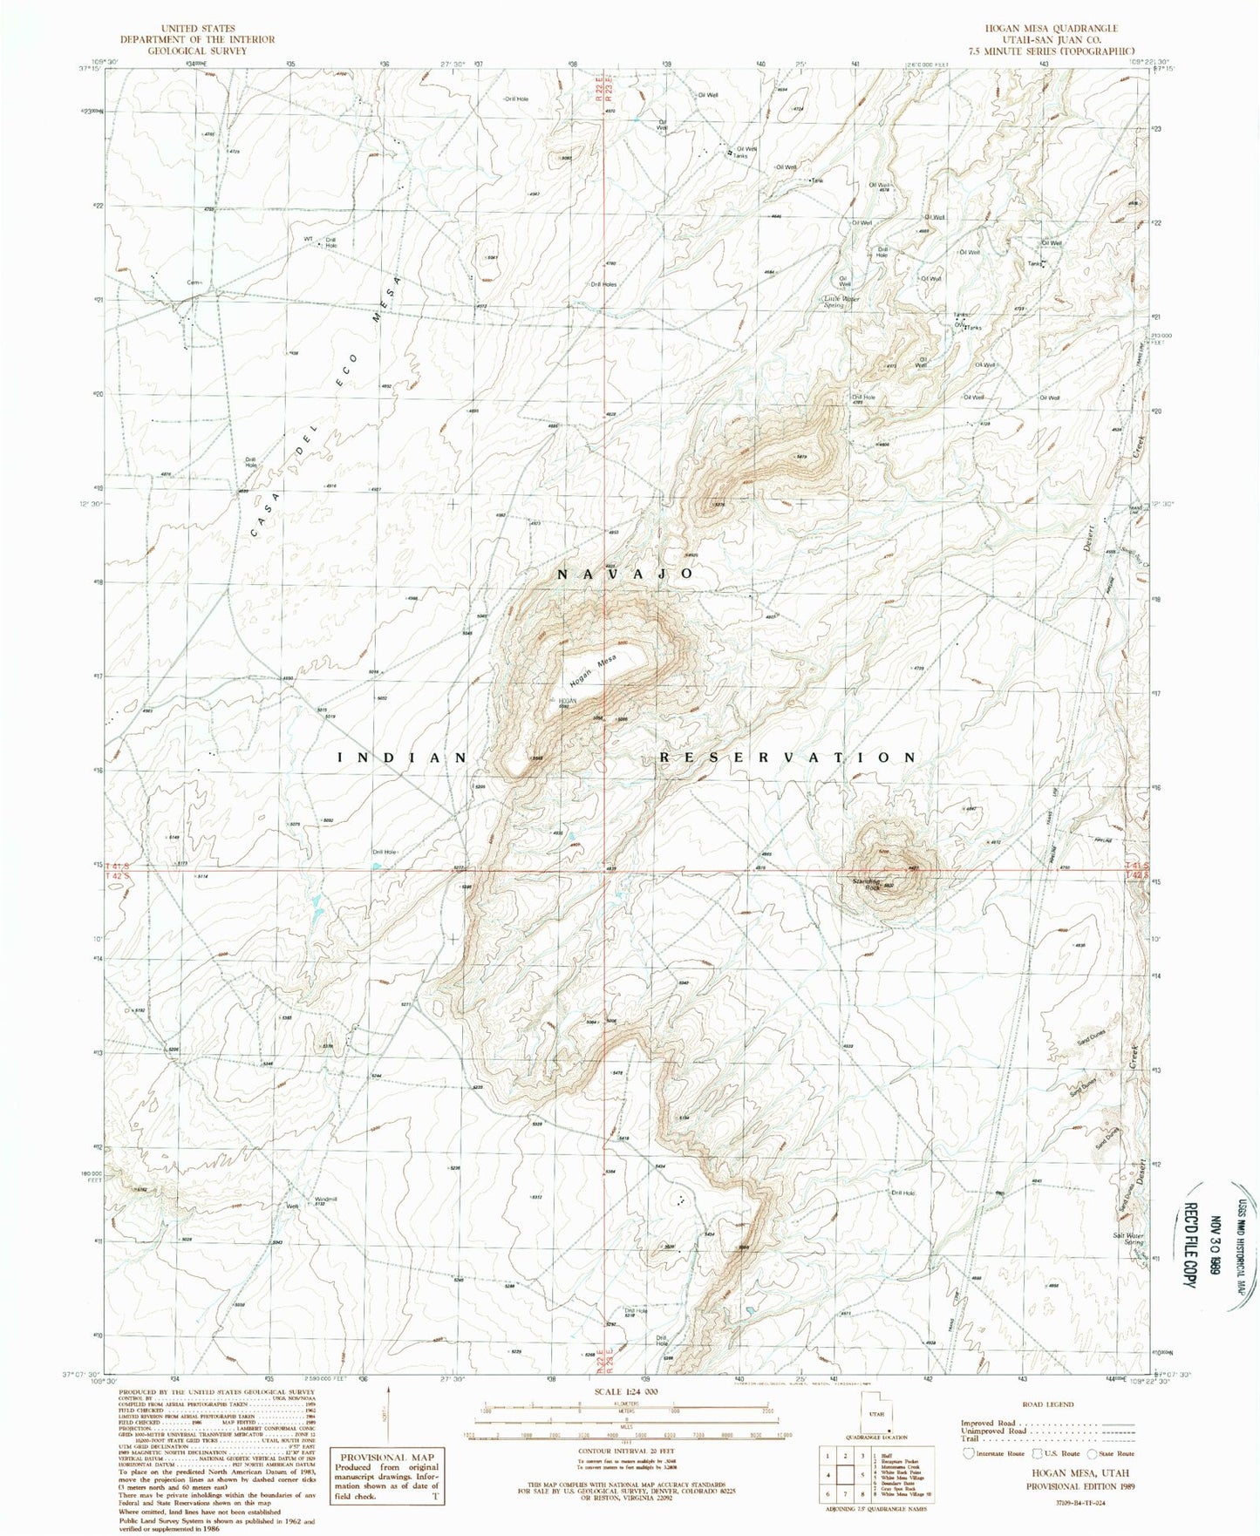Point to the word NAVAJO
(625, 574)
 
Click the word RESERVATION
(787, 758)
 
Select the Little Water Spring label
(842, 302)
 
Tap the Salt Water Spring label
(1127, 1238)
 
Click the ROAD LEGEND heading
(1047, 1404)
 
